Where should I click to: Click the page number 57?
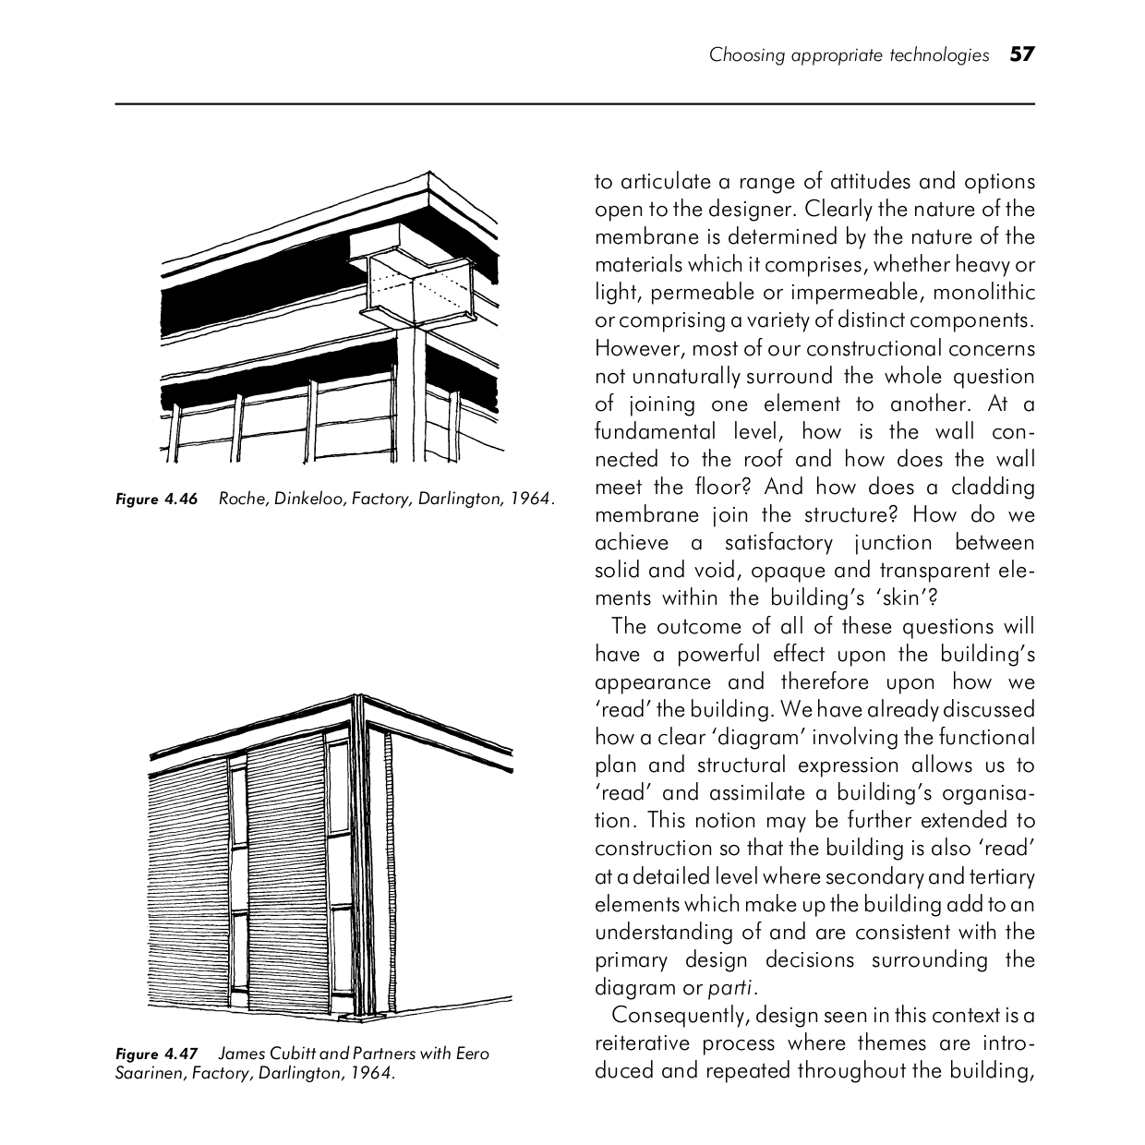tap(1022, 54)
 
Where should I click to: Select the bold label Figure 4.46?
tap(157, 500)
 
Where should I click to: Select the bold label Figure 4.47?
tap(157, 1054)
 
